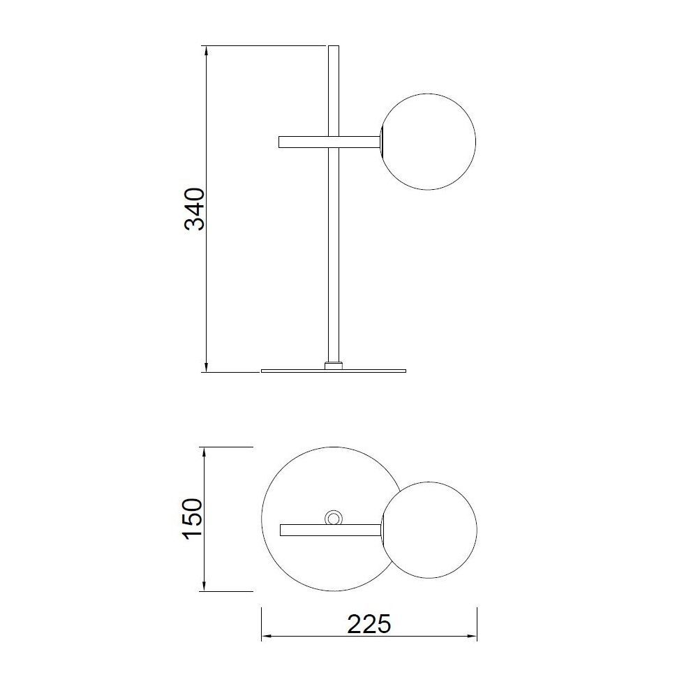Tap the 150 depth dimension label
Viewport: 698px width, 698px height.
point(191,519)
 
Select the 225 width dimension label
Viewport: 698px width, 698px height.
point(369,623)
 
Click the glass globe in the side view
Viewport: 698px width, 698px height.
point(429,141)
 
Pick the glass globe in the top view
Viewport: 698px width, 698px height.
point(430,529)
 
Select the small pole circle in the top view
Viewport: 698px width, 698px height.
point(334,518)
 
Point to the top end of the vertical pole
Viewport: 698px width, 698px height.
point(334,48)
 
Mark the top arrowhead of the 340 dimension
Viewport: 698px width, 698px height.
point(207,50)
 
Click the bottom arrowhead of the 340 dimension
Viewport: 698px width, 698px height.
point(207,367)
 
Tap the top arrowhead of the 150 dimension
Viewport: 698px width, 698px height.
point(204,452)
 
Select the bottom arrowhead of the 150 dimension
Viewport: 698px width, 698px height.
point(204,586)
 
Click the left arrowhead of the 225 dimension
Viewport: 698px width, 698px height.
point(266,637)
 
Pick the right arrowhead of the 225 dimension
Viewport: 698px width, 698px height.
point(473,637)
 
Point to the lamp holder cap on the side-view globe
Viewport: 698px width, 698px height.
point(381,142)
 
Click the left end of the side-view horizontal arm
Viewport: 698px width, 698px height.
point(281,142)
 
